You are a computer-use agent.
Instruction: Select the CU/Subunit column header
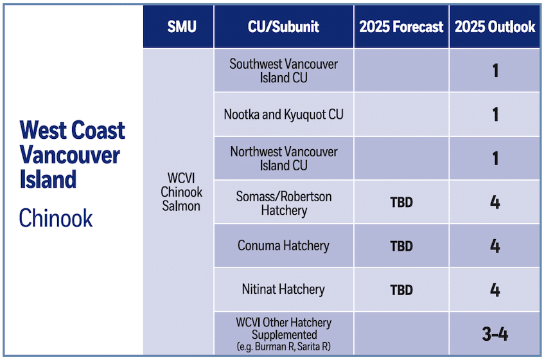(283, 27)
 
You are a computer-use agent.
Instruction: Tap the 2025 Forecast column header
(401, 27)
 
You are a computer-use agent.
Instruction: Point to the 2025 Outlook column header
(495, 27)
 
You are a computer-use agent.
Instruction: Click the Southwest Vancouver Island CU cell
(283, 71)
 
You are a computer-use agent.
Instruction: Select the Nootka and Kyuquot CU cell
(283, 114)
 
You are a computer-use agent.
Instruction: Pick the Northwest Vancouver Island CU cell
(283, 158)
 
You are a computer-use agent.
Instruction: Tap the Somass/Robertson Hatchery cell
(283, 203)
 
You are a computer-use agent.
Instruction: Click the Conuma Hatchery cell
(283, 246)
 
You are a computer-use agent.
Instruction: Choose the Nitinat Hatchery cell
(283, 290)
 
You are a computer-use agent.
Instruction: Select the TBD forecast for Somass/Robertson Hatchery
(401, 203)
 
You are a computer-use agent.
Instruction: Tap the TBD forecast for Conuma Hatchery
(401, 246)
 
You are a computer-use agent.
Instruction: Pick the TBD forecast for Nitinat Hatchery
(401, 290)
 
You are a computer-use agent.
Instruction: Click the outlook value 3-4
(495, 334)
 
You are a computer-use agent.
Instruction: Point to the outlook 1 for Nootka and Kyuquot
(495, 114)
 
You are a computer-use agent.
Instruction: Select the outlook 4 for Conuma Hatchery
(495, 246)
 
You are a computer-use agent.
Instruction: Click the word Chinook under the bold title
(56, 218)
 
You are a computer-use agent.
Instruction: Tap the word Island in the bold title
(48, 179)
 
